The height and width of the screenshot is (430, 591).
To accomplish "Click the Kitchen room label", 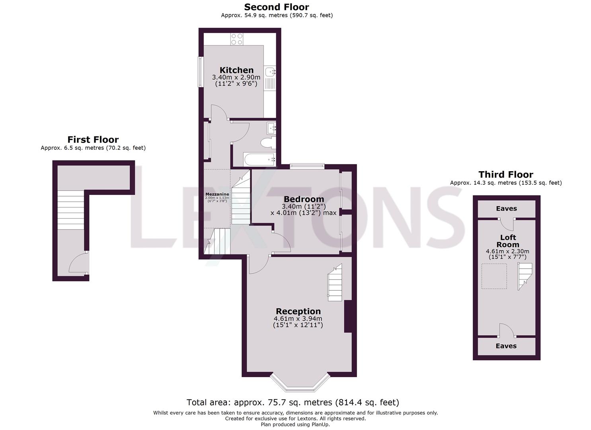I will click(236, 70).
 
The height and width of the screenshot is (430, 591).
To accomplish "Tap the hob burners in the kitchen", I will click(237, 39).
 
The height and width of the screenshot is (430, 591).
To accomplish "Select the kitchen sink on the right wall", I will click(271, 72).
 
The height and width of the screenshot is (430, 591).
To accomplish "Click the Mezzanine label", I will click(217, 194).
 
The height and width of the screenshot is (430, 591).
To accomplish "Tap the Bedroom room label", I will click(303, 199).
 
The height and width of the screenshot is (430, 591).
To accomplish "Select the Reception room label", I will click(298, 311).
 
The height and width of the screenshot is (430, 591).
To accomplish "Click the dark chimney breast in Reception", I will click(348, 316).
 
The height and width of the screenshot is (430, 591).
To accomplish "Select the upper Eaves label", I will click(506, 209).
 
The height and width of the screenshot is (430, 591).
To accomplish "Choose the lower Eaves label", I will click(506, 346).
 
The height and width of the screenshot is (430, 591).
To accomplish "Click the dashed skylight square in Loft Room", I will click(494, 276).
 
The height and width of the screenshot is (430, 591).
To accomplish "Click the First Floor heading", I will click(93, 140).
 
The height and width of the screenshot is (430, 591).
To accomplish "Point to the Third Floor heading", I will click(505, 174).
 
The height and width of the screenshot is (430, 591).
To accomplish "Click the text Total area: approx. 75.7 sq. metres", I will click(259, 403).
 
